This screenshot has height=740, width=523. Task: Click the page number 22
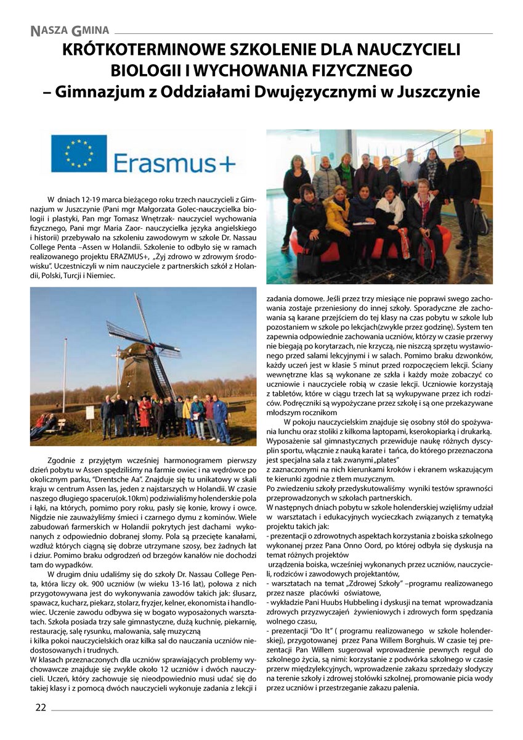[x=40, y=707]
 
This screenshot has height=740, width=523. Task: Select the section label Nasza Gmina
[x=70, y=30]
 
